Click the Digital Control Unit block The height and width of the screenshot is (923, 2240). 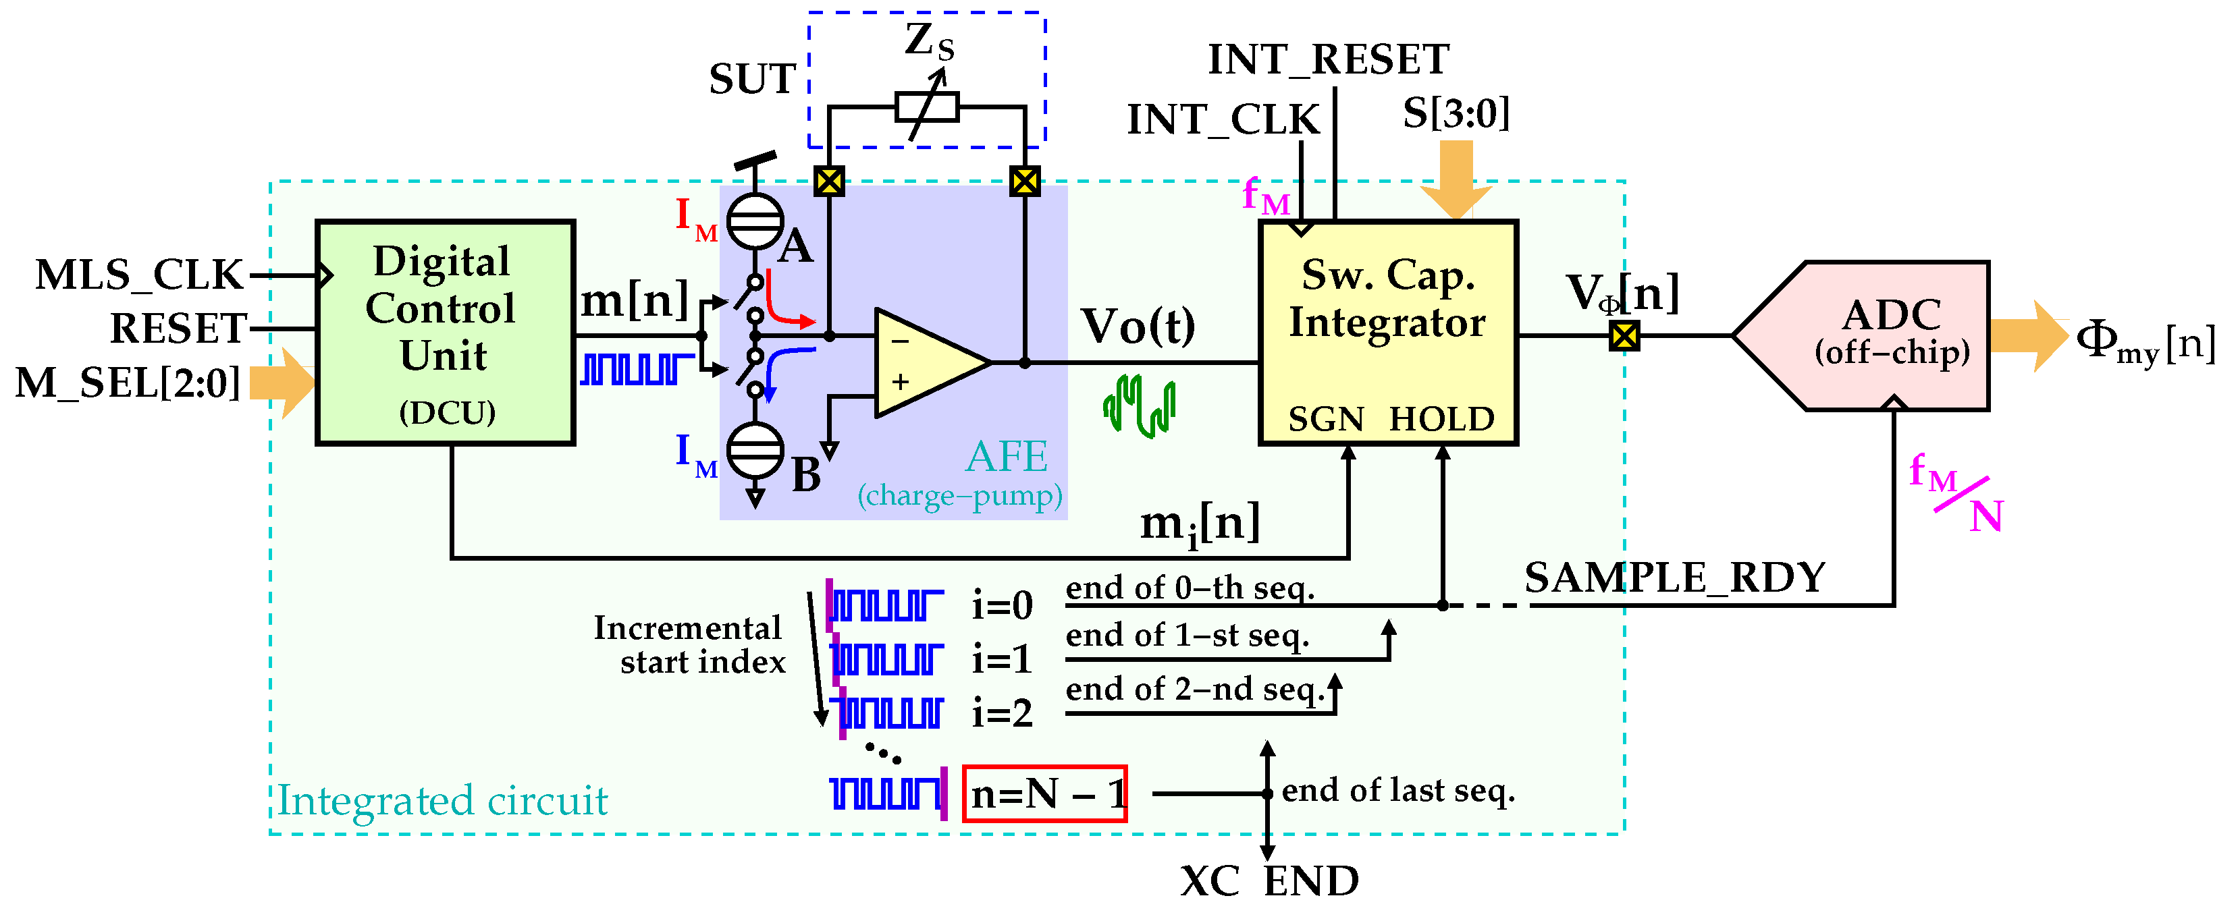pos(444,333)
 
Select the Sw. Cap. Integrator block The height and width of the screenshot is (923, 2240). pos(1388,333)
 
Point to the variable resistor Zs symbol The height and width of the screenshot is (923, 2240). pos(927,107)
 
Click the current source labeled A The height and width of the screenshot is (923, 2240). pos(755,221)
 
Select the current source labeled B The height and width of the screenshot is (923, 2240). pos(755,449)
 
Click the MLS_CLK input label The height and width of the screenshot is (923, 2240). pos(139,275)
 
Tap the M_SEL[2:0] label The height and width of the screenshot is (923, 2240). pos(128,383)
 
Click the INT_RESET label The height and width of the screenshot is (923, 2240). pos(1328,60)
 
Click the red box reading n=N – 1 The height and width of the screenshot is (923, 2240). pos(1044,793)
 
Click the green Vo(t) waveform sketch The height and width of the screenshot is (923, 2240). pos(1139,406)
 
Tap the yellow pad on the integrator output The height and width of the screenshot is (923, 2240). pos(1624,335)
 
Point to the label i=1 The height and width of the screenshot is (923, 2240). pos(1002,660)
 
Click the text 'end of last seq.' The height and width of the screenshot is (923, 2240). pos(1397,790)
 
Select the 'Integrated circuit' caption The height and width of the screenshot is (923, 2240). pos(443,800)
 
